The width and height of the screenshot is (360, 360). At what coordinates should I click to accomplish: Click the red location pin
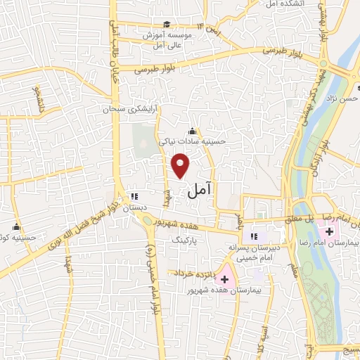coord(181,165)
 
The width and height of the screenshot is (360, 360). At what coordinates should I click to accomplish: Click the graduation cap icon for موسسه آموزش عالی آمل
coord(167,25)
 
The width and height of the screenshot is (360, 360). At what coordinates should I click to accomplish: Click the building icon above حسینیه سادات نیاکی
coord(193,131)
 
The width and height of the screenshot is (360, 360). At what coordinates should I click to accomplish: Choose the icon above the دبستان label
coord(134,198)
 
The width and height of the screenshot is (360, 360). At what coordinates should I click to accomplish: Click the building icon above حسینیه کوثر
coord(15,227)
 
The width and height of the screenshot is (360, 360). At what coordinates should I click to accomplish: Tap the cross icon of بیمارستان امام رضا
coord(329,231)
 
